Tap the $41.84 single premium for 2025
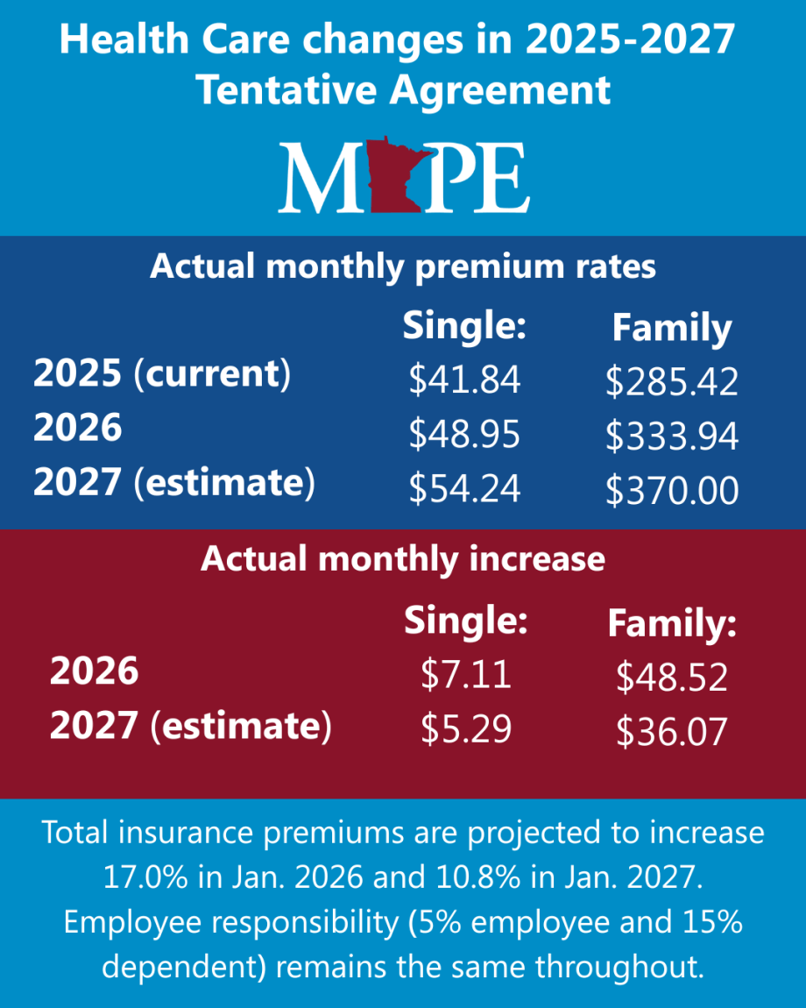[464, 380]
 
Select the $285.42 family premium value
[671, 382]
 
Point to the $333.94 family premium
[671, 437]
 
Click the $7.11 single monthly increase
[465, 675]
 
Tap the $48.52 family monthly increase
[671, 677]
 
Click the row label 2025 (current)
[161, 375]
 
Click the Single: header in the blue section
[463, 326]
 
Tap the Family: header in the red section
[672, 624]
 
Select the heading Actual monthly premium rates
[402, 266]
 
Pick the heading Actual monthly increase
[402, 558]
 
